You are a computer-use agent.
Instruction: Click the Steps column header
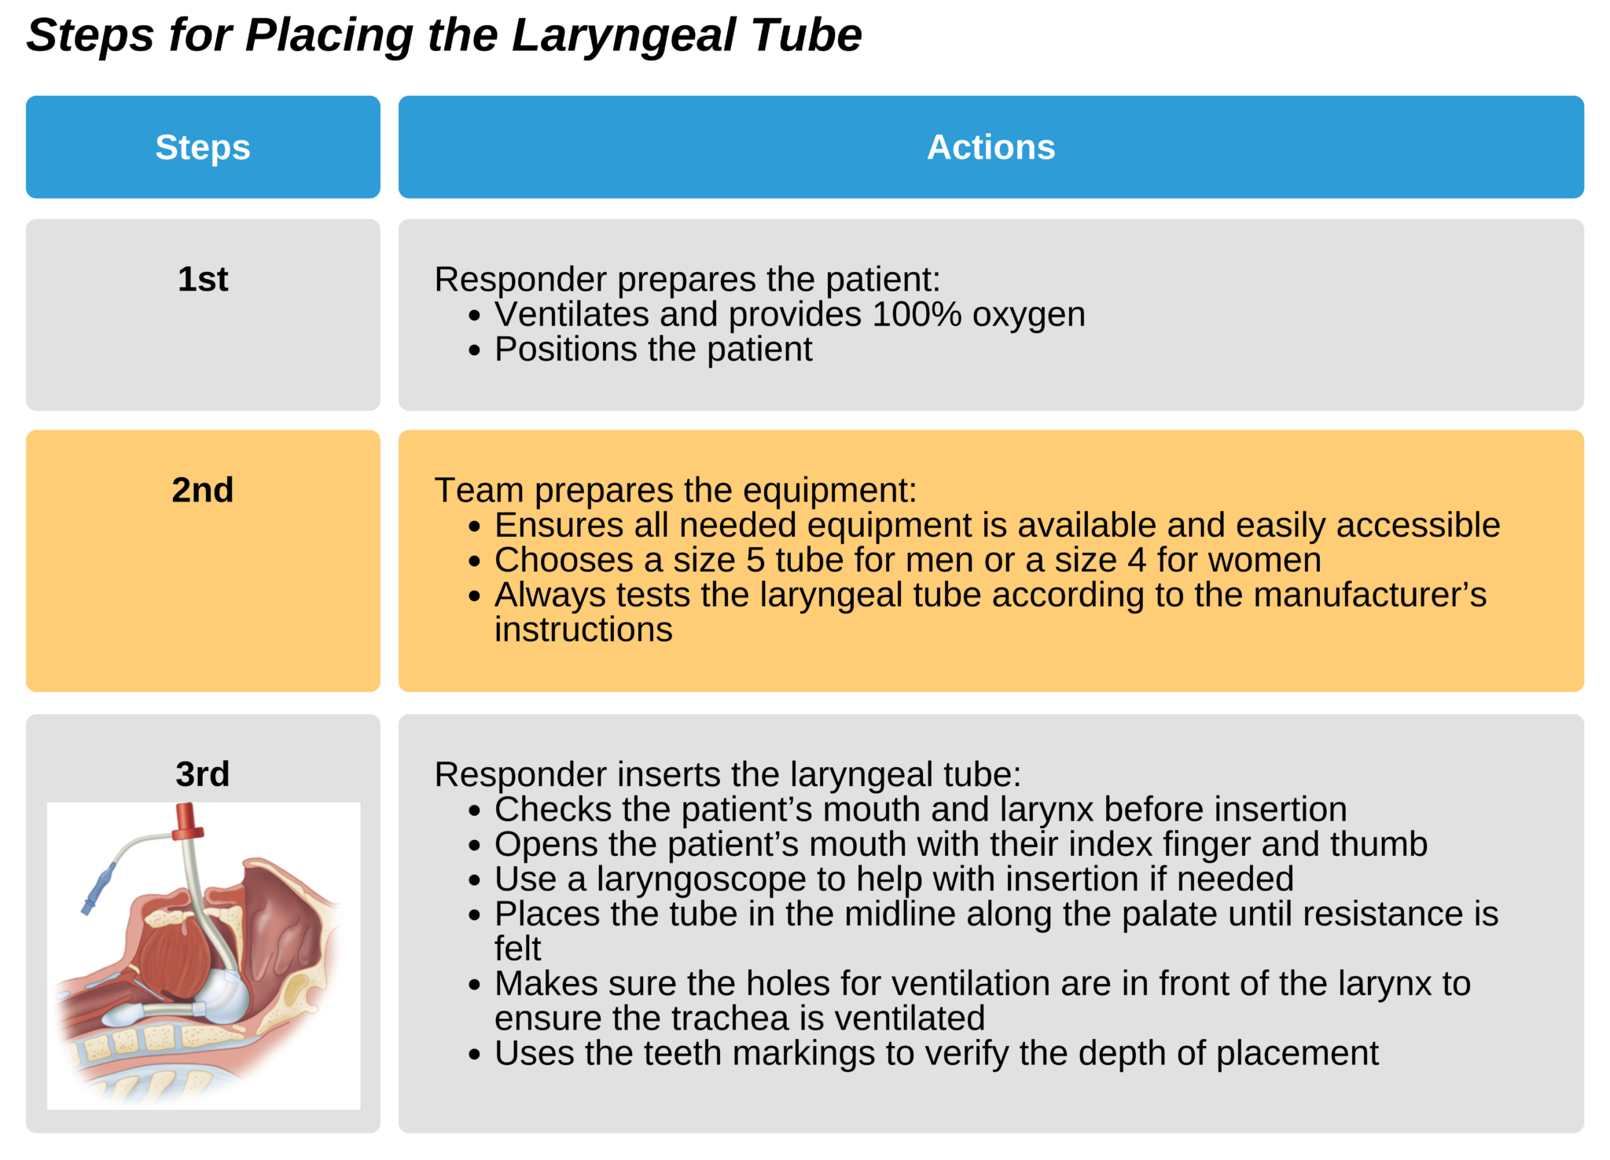[x=203, y=148]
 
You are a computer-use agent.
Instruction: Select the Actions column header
[x=991, y=148]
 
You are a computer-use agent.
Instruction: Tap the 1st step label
[x=203, y=280]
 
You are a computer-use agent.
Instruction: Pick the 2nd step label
[x=203, y=490]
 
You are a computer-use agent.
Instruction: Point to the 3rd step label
[x=203, y=775]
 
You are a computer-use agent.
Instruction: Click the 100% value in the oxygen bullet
[x=917, y=314]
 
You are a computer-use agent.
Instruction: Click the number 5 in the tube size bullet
[x=755, y=560]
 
